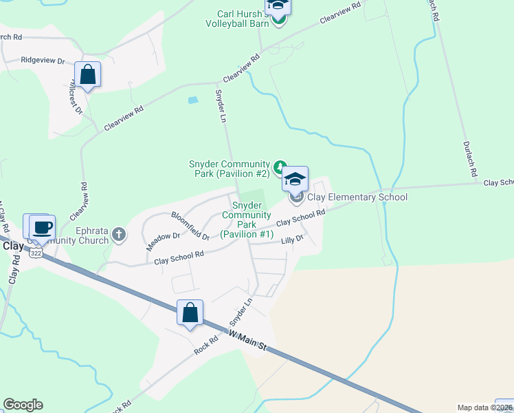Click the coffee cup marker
(42, 226)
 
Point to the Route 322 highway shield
(36, 253)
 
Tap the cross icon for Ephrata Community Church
(119, 235)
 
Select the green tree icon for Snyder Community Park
(280, 166)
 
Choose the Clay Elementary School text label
(357, 198)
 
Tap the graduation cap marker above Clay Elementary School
(295, 179)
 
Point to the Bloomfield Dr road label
(190, 226)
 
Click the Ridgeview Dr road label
(43, 61)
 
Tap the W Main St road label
(247, 341)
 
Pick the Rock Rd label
(205, 345)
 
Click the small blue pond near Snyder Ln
(193, 100)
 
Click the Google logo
(23, 405)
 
